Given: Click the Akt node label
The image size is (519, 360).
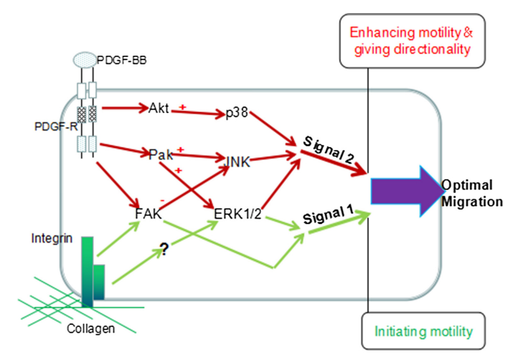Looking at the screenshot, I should pyautogui.click(x=158, y=109).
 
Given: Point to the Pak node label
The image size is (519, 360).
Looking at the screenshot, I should pyautogui.click(x=158, y=154).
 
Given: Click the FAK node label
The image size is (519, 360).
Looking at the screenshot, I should pyautogui.click(x=148, y=215).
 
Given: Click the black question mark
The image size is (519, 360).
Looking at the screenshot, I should pyautogui.click(x=163, y=251).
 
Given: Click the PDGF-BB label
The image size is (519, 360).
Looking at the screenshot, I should pyautogui.click(x=122, y=60).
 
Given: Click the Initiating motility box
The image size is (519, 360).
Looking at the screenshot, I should pyautogui.click(x=423, y=331).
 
